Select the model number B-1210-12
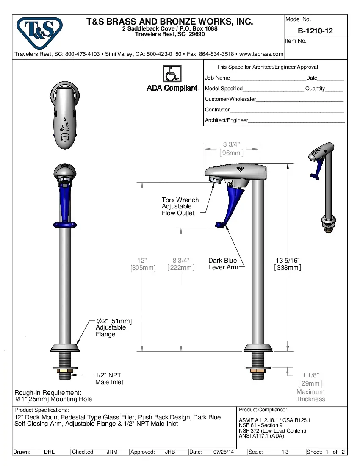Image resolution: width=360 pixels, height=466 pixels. [x=315, y=31]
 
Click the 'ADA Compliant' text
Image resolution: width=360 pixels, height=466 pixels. [x=172, y=88]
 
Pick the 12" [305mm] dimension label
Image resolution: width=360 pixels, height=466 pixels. [x=143, y=264]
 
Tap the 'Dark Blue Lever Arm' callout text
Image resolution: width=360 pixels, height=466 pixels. [x=223, y=264]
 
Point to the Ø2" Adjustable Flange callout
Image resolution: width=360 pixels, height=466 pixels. [x=111, y=327]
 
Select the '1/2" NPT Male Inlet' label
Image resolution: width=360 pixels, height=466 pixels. [x=109, y=379]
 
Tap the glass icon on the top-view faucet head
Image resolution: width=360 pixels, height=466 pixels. [x=64, y=134]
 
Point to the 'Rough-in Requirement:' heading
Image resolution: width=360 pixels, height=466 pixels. [x=48, y=393]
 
